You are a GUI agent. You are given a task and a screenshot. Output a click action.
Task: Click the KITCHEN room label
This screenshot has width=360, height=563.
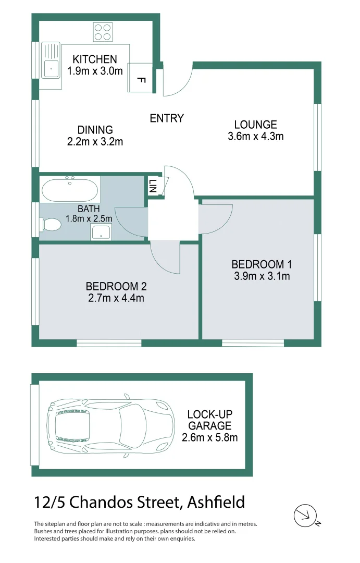tap(94, 59)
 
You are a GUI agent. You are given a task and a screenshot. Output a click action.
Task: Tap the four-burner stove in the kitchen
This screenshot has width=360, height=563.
tap(103, 32)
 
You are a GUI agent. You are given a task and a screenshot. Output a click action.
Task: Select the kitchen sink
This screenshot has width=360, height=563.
tap(51, 66)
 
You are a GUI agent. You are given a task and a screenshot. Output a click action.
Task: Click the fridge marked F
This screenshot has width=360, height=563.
tap(140, 79)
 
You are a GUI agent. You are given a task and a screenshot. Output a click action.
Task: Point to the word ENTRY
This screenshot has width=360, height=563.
tap(167, 118)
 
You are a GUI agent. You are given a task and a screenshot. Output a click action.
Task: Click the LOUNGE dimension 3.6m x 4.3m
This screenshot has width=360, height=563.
tap(255, 137)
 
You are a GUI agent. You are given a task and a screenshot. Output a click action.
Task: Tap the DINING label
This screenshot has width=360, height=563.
tap(95, 130)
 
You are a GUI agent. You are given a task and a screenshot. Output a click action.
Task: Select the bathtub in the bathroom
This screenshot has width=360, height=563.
tap(70, 190)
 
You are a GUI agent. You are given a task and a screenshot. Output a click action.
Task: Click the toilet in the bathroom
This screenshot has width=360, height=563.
tap(51, 225)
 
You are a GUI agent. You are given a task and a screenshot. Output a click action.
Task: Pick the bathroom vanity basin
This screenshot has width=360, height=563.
tap(101, 232)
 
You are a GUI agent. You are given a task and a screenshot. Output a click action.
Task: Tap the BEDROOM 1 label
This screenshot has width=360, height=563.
tap(258, 265)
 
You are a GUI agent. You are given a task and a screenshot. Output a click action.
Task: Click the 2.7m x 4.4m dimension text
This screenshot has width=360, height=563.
tap(116, 298)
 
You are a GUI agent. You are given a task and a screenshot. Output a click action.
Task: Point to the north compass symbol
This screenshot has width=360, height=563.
tap(305, 516)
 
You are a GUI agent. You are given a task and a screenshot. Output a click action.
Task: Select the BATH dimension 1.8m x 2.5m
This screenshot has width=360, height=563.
tap(89, 219)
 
